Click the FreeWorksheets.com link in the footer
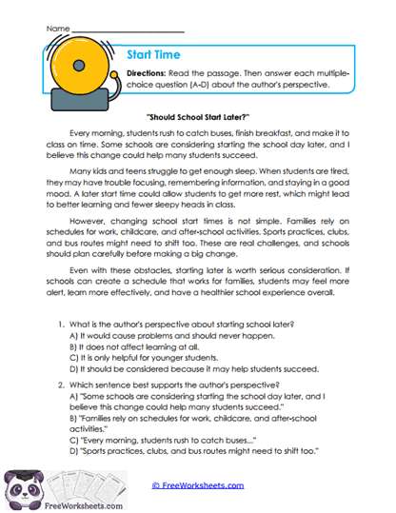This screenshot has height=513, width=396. (x=197, y=484)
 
